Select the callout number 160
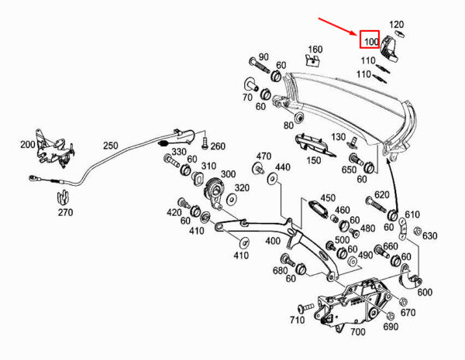click(314, 50)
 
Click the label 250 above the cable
click(111, 145)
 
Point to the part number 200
click(28, 145)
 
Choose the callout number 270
click(64, 212)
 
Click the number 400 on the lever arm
click(273, 241)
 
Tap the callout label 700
click(357, 332)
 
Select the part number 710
click(297, 320)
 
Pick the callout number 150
click(312, 160)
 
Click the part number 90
click(263, 57)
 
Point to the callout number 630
click(430, 236)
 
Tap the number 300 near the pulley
click(228, 174)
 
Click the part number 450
click(328, 197)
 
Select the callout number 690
click(390, 327)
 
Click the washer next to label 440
click(270, 180)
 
